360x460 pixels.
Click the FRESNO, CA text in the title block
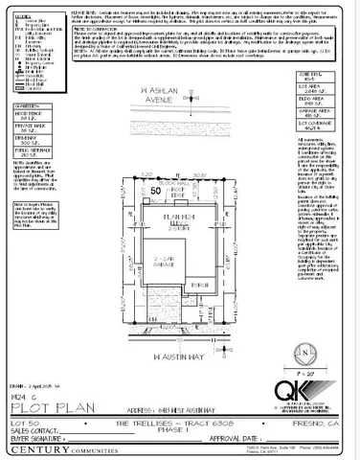point(320,420)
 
